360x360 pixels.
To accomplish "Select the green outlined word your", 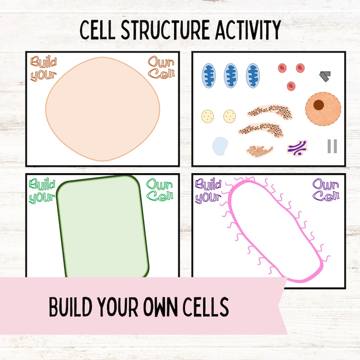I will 41,198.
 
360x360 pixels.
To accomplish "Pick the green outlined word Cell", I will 160,196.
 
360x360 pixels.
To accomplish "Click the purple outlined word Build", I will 208,185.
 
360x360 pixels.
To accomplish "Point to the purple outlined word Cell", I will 326,196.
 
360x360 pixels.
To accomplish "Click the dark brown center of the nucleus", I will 319,105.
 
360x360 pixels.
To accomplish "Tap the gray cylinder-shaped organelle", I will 325,76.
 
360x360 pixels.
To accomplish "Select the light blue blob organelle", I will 220,146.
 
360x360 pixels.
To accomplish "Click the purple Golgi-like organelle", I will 297,147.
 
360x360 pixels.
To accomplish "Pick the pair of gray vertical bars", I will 332,146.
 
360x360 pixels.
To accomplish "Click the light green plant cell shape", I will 102,227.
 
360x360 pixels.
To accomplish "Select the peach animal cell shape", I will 102,109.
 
